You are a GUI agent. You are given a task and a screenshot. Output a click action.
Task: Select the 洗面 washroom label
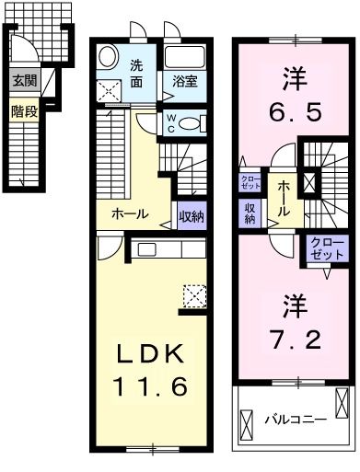[x=136, y=73]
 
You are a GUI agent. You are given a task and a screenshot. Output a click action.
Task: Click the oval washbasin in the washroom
[x=107, y=58]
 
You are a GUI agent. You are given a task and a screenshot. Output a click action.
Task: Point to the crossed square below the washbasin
[x=109, y=89]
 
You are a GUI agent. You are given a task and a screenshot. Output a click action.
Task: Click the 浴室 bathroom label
[x=186, y=81]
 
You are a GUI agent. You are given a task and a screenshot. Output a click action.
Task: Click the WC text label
[x=172, y=122]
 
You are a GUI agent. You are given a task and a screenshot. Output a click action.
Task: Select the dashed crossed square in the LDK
[x=194, y=294]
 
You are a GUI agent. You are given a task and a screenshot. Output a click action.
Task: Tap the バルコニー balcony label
[x=296, y=419]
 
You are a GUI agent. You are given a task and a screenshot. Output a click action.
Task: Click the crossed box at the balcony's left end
[x=248, y=422]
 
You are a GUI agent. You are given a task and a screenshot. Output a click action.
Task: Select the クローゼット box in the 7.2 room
[x=327, y=248]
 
